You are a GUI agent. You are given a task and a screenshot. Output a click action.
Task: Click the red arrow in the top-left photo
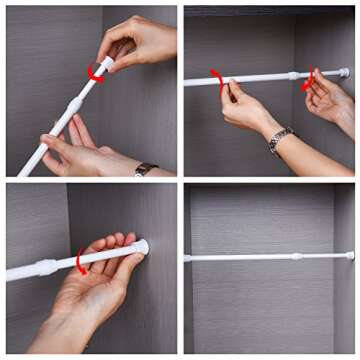click(x=96, y=72)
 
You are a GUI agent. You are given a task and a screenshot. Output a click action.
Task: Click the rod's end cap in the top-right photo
click(x=344, y=73)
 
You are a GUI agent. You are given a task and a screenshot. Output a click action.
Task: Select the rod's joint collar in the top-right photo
click(x=293, y=76)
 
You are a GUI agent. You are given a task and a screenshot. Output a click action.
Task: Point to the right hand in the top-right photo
click(x=330, y=100)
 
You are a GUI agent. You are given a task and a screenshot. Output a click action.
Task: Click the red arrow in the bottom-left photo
click(x=81, y=262)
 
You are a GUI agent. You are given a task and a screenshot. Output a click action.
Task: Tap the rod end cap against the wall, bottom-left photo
click(x=143, y=246)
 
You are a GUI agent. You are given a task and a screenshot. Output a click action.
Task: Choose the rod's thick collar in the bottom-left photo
click(x=45, y=267)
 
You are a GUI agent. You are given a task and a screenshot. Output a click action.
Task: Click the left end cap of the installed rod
click(x=187, y=258)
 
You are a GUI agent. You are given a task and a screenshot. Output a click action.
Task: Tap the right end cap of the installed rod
click(x=350, y=255)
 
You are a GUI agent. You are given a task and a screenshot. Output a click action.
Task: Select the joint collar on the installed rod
click(x=296, y=256)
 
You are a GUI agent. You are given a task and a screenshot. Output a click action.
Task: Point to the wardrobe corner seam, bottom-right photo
click(x=333, y=300)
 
